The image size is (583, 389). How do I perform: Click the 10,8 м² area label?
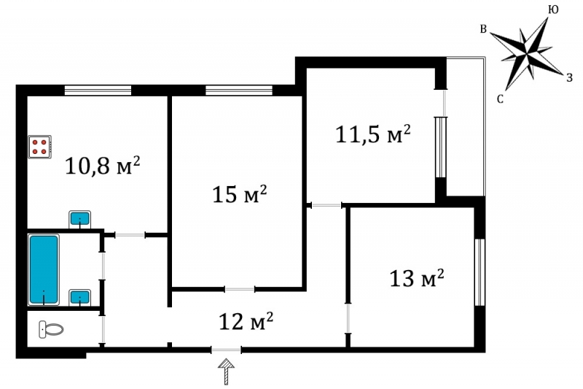(x=103, y=165)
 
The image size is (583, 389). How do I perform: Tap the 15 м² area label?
(x=240, y=194)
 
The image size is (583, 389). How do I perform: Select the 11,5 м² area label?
(x=373, y=134)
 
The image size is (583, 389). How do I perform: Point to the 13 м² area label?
(x=416, y=277)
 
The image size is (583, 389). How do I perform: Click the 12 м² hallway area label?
(x=246, y=321)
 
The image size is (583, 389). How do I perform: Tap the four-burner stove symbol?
(x=39, y=147)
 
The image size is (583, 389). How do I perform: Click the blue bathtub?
(x=44, y=269)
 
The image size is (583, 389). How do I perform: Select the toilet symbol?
(x=51, y=329)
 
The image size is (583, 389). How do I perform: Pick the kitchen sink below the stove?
(x=80, y=219)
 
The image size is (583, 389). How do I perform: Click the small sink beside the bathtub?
(x=80, y=297)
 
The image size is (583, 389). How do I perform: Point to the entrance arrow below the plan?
(x=226, y=371)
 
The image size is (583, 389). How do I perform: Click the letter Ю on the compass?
(x=553, y=10)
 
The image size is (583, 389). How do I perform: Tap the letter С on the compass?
(x=500, y=99)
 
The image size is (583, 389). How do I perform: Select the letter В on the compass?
(x=483, y=29)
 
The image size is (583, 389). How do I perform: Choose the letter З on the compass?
(x=569, y=77)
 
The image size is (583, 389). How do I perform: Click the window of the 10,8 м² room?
(x=98, y=90)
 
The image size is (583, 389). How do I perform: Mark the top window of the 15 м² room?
(x=239, y=90)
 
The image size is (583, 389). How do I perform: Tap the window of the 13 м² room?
(x=480, y=272)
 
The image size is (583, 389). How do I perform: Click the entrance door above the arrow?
(x=226, y=350)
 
